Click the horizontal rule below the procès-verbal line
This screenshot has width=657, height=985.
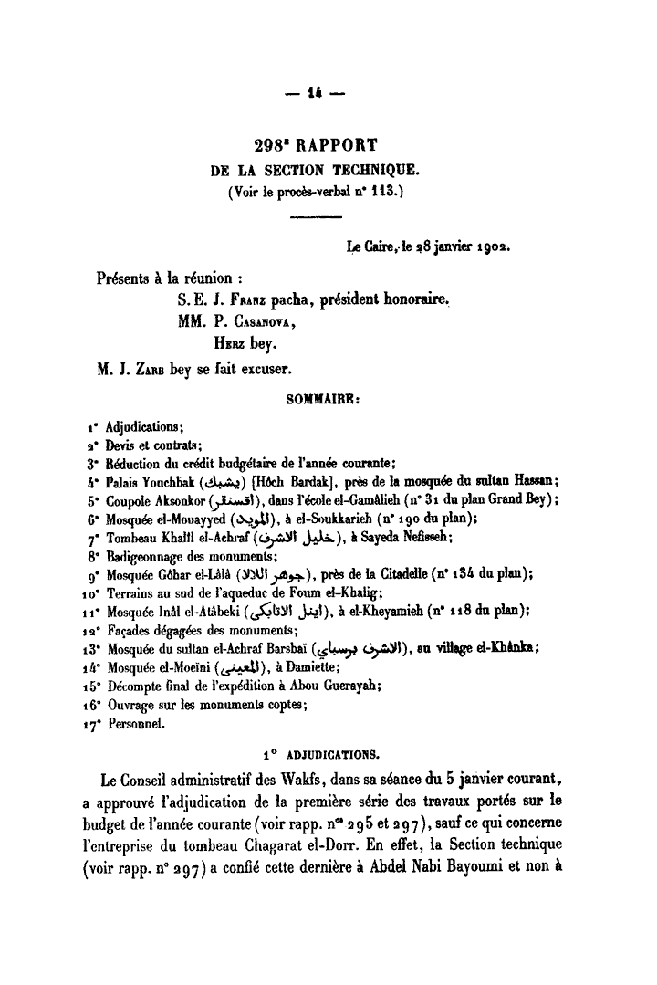pyautogui.click(x=315, y=216)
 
